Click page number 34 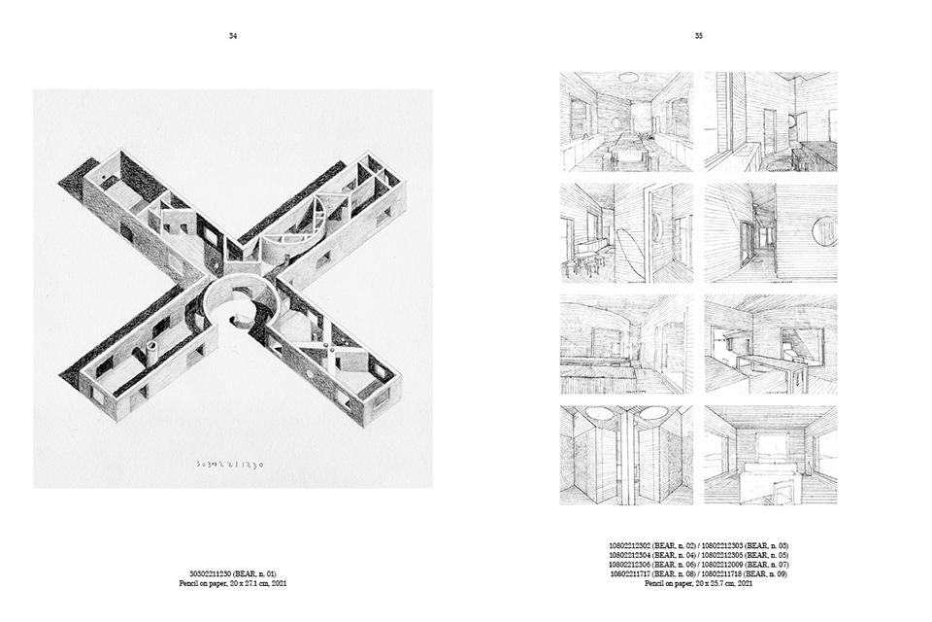click(233, 36)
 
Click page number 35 click(699, 36)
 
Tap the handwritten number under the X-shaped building click(224, 464)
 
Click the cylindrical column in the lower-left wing click(152, 352)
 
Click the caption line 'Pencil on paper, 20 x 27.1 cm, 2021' click(233, 583)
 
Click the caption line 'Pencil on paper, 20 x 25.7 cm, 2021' click(699, 583)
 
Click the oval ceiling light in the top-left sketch click(628, 77)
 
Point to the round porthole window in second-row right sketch click(823, 230)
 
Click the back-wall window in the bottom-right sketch click(773, 449)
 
